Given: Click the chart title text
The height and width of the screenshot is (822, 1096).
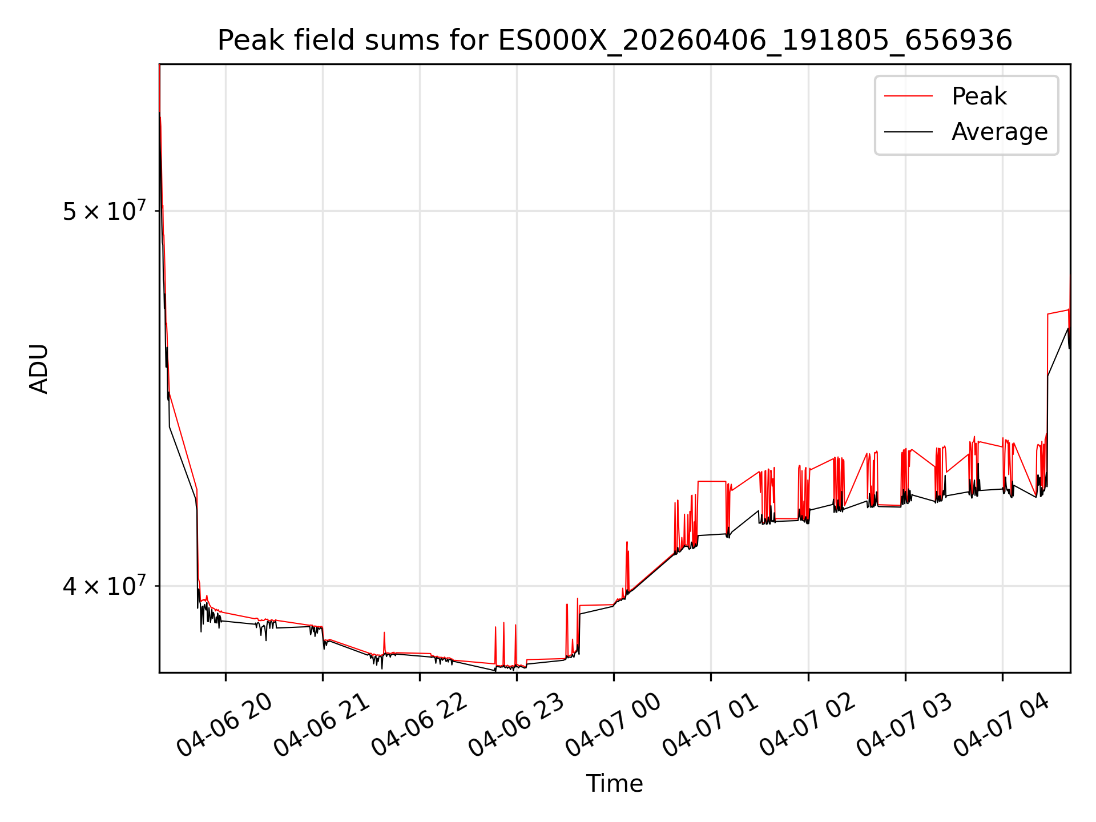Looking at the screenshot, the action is [x=615, y=41].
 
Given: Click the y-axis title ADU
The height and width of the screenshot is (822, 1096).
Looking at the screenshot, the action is [x=39, y=369].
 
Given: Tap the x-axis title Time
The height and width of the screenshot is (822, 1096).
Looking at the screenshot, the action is [x=615, y=784].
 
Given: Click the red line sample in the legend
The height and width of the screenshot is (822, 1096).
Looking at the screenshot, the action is [x=908, y=96].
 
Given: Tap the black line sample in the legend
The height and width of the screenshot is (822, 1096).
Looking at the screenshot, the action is [x=908, y=132].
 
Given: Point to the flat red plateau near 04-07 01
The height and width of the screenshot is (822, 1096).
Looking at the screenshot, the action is [x=712, y=481].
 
